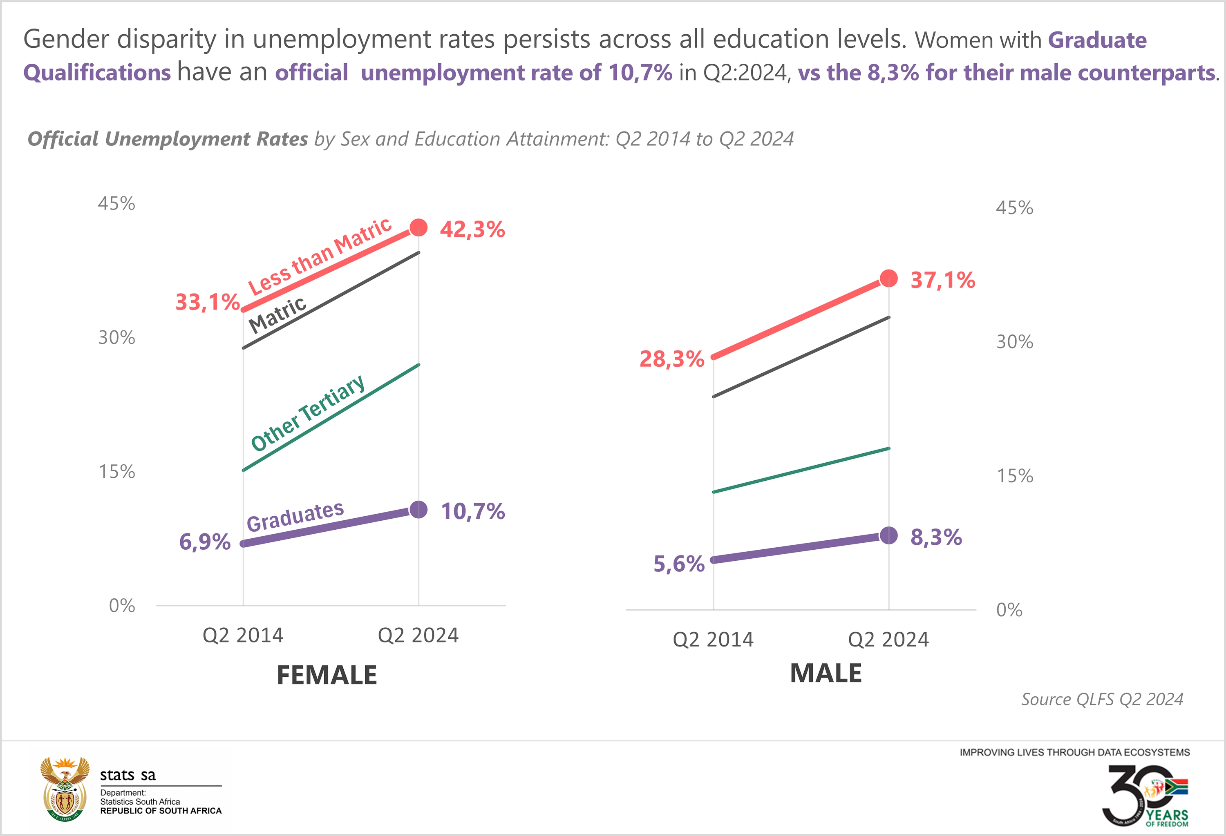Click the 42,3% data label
point(472,230)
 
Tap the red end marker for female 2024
point(418,228)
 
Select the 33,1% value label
point(207,303)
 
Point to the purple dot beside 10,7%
point(418,510)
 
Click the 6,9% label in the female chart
point(205,542)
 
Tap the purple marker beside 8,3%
point(889,535)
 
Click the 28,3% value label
point(671,359)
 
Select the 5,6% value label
point(678,564)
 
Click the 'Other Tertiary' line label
point(308,413)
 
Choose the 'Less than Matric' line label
point(320,257)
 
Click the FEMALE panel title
point(327,675)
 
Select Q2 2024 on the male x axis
point(888,640)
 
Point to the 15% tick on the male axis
point(1014,476)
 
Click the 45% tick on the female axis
point(116,203)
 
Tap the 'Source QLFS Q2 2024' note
point(1102,700)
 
